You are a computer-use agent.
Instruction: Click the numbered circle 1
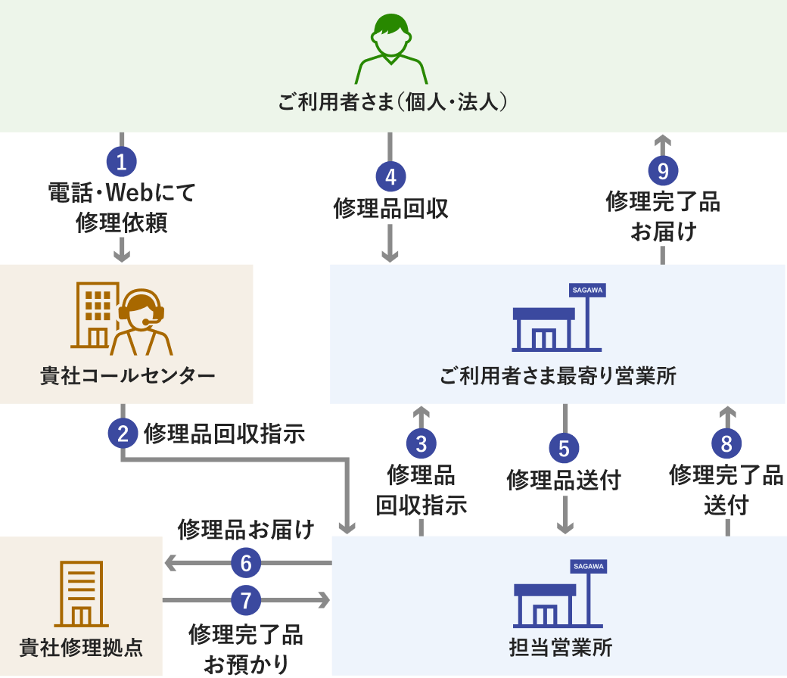click(121, 161)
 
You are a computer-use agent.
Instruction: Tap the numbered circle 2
click(122, 434)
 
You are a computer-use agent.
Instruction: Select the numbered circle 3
click(421, 443)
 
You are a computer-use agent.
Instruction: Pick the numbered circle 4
click(390, 177)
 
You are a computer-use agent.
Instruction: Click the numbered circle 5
click(564, 448)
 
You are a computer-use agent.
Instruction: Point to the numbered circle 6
click(245, 563)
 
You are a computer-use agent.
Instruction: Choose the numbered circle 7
click(245, 601)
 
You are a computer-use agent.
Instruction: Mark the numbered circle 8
click(726, 443)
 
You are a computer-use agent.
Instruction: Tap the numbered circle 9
click(663, 171)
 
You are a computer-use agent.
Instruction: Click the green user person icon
click(391, 49)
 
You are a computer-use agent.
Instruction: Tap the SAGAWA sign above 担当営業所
click(588, 566)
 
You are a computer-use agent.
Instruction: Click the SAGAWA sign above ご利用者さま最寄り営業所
click(588, 290)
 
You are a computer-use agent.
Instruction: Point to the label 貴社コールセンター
click(127, 376)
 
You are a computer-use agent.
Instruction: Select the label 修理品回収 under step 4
click(390, 208)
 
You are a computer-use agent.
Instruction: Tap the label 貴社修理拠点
click(81, 648)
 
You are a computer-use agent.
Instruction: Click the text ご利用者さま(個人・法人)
click(391, 101)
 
